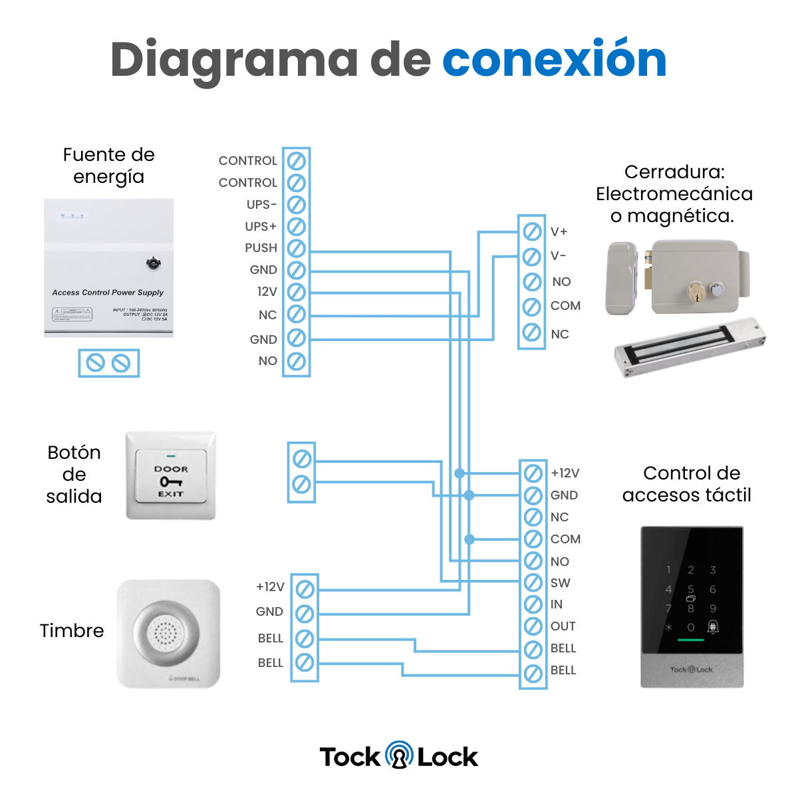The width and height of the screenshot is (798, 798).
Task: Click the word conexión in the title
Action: (x=554, y=60)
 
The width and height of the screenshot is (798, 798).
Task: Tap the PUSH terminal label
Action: (x=261, y=248)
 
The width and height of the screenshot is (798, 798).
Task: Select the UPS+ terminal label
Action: (x=261, y=226)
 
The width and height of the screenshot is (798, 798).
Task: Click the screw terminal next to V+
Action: (x=532, y=231)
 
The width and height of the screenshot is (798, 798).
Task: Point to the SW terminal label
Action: (x=561, y=583)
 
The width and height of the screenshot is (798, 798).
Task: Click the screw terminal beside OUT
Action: (x=533, y=626)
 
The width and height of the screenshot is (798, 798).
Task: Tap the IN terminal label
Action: (x=557, y=604)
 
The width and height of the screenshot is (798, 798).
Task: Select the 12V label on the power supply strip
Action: (x=267, y=292)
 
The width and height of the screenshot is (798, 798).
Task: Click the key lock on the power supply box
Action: (x=154, y=264)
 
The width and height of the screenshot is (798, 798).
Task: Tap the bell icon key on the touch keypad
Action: (x=713, y=626)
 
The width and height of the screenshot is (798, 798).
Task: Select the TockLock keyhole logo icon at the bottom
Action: (x=399, y=755)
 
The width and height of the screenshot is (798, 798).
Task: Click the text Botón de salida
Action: (x=74, y=474)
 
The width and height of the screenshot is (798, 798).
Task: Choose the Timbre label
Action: (x=72, y=630)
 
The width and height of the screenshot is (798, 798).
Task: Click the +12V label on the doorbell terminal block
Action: (x=270, y=587)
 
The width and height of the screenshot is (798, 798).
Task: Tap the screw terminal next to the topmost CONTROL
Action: (x=296, y=161)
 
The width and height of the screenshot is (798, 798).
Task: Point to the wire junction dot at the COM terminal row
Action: (x=469, y=539)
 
